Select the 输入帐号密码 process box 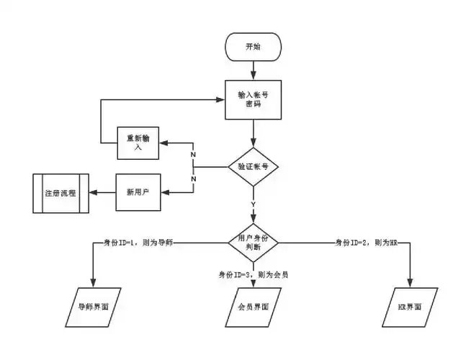coord(253,99)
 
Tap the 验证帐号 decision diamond coord(253,166)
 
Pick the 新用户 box coord(138,192)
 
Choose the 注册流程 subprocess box coord(60,193)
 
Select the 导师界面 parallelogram coord(94,306)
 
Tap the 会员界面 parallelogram coord(253,306)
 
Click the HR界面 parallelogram coord(411,306)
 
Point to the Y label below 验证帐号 coord(253,204)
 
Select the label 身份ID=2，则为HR coord(367,243)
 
